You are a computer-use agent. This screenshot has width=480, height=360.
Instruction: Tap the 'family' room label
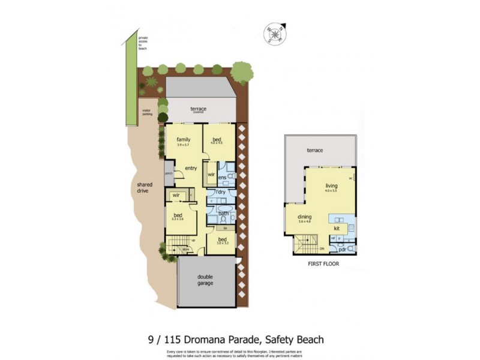click(183, 140)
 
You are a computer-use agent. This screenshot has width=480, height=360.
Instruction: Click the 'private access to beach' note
click(143, 43)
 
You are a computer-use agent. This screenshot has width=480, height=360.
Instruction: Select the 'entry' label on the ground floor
click(191, 169)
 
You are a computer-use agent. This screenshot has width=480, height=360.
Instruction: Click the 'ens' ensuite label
click(222, 178)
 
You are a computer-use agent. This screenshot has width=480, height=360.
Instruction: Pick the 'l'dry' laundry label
click(221, 193)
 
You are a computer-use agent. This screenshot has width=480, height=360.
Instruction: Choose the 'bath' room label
click(223, 213)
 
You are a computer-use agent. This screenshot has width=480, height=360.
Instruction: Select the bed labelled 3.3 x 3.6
click(178, 216)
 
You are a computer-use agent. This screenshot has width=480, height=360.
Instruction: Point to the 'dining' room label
click(304, 218)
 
